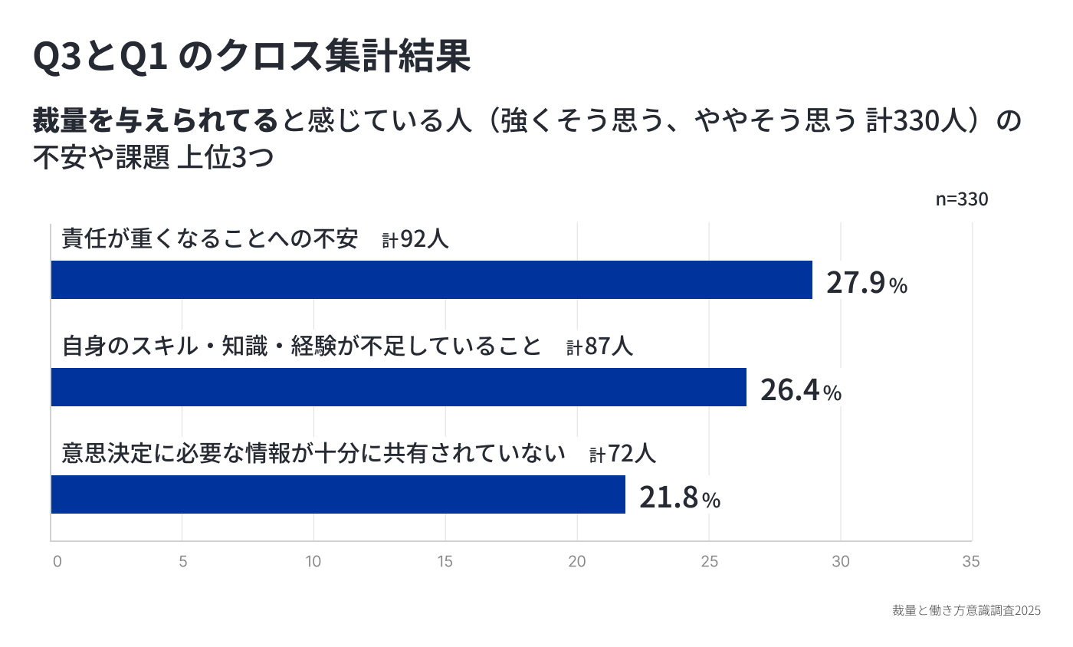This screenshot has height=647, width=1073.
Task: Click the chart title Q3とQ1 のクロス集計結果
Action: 251,57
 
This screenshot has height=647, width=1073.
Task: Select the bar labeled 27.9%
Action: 431,280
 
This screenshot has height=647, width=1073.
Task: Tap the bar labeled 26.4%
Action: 399,387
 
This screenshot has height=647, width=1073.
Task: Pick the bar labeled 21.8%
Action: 338,494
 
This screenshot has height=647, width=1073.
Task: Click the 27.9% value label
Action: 866,283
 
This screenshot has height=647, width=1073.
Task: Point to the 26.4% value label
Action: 800,390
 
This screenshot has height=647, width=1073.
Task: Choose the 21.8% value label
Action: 679,498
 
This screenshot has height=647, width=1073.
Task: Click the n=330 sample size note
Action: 961,199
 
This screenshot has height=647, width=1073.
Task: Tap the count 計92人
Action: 415,239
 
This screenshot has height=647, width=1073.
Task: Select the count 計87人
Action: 599,346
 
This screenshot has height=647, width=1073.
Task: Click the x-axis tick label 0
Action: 57,562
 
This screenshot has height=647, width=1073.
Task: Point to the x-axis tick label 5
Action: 183,562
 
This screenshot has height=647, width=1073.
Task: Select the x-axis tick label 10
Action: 313,562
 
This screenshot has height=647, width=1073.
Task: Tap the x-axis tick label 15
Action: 445,562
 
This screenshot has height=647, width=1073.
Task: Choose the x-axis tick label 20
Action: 576,562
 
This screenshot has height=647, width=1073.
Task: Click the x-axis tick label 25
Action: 709,562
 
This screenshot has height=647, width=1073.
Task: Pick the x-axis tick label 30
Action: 841,562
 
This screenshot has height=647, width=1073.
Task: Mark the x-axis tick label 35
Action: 970,562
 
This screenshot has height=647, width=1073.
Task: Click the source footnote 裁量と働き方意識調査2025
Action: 966,611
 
